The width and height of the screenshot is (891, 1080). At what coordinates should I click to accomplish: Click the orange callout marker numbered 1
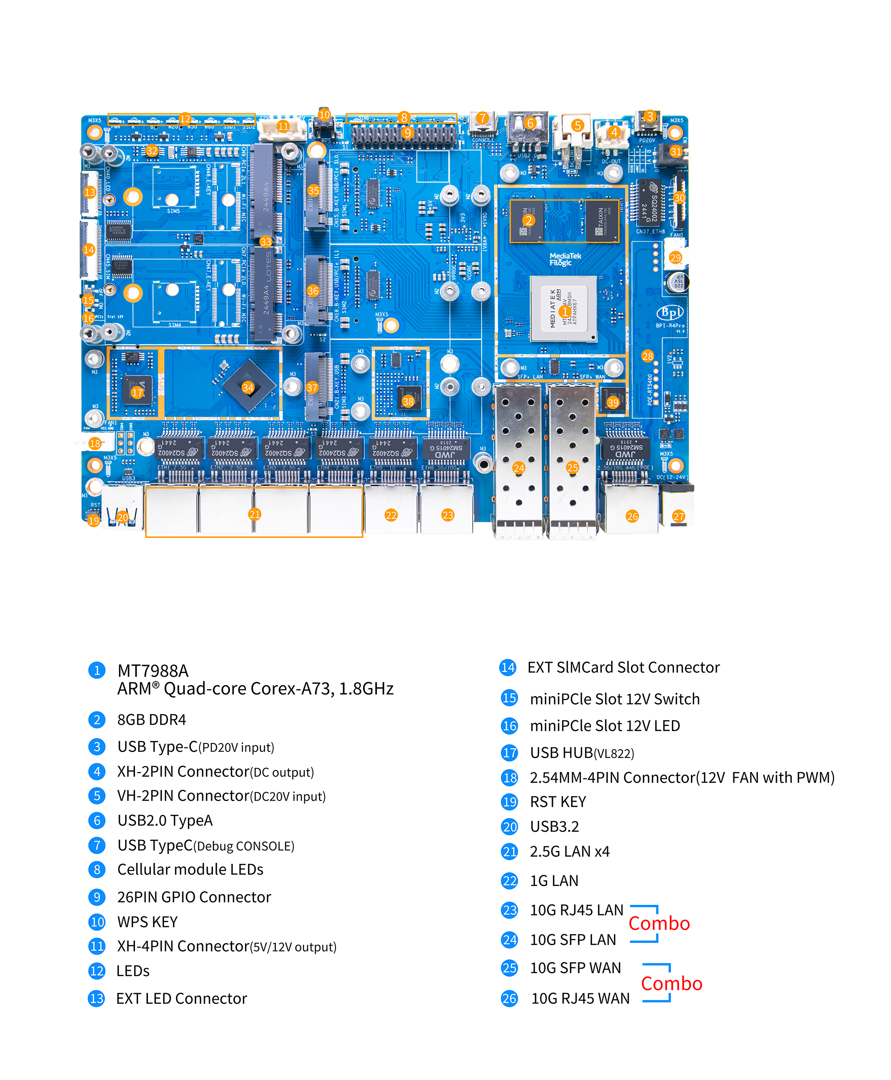564,311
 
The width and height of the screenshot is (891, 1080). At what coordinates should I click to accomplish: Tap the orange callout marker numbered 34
248,387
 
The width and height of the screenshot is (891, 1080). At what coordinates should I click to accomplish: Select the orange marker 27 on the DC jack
678,516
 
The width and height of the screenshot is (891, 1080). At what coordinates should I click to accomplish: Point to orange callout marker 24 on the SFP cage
519,467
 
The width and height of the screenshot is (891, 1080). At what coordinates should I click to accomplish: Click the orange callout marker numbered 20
123,517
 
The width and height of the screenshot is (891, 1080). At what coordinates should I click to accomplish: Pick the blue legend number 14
507,667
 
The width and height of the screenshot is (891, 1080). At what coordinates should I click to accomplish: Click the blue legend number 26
509,998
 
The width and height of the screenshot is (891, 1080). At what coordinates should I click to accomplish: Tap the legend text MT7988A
153,671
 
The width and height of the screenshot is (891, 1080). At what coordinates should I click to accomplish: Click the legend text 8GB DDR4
151,719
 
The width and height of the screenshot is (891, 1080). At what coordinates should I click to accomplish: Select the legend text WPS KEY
147,922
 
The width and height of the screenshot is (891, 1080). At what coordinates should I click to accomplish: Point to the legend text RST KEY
558,802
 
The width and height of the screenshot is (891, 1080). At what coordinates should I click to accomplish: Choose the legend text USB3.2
554,826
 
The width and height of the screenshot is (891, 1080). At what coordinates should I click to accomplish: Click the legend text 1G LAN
554,881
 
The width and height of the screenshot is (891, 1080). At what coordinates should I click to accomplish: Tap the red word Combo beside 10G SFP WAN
671,983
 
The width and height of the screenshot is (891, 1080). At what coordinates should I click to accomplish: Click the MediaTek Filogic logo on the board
565,259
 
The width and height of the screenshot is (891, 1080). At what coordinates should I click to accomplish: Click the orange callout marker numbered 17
137,393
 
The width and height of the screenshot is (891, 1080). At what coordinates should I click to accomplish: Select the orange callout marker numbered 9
408,132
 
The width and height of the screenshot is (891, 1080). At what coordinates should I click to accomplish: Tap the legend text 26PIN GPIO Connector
194,897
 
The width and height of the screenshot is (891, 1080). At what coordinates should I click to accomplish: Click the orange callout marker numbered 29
675,258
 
